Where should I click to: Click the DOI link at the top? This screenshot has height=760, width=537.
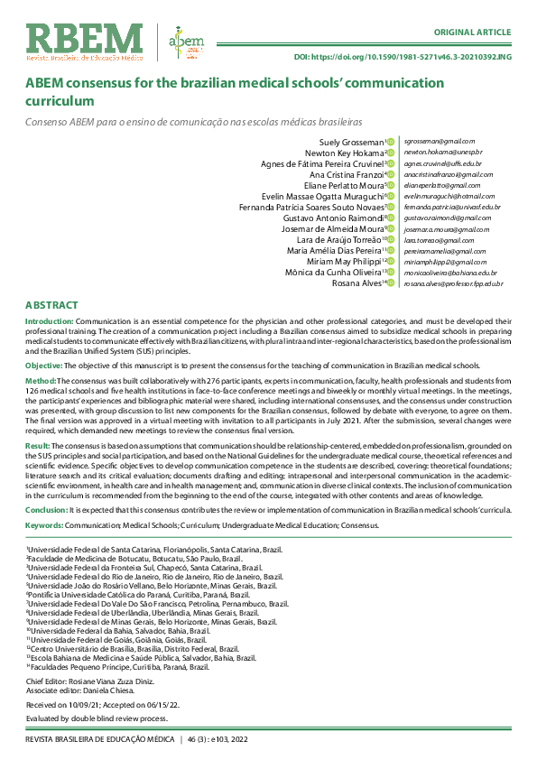403,57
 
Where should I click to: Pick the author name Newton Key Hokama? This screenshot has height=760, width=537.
347,153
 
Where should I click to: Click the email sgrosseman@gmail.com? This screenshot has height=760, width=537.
439,142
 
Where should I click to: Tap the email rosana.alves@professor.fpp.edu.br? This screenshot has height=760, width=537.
454,283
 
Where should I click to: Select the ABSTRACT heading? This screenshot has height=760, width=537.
51,306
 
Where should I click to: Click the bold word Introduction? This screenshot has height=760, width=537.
49,321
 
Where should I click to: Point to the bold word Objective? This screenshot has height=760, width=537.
43,365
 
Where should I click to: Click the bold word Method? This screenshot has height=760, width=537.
41,382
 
